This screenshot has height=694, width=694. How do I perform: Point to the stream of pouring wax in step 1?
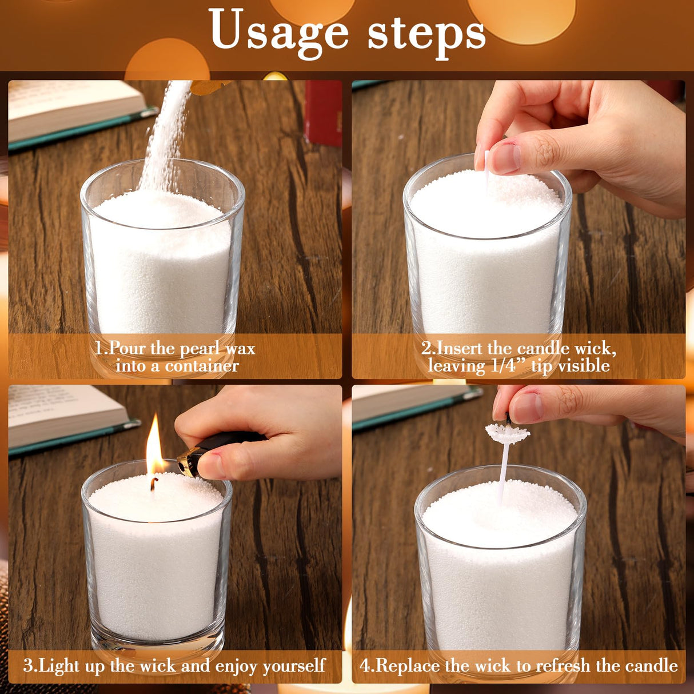164,137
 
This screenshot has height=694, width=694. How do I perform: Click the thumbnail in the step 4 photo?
527,408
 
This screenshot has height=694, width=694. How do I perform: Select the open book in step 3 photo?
69,418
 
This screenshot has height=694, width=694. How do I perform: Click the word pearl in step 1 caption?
199,348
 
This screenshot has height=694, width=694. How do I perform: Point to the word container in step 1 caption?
201,366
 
